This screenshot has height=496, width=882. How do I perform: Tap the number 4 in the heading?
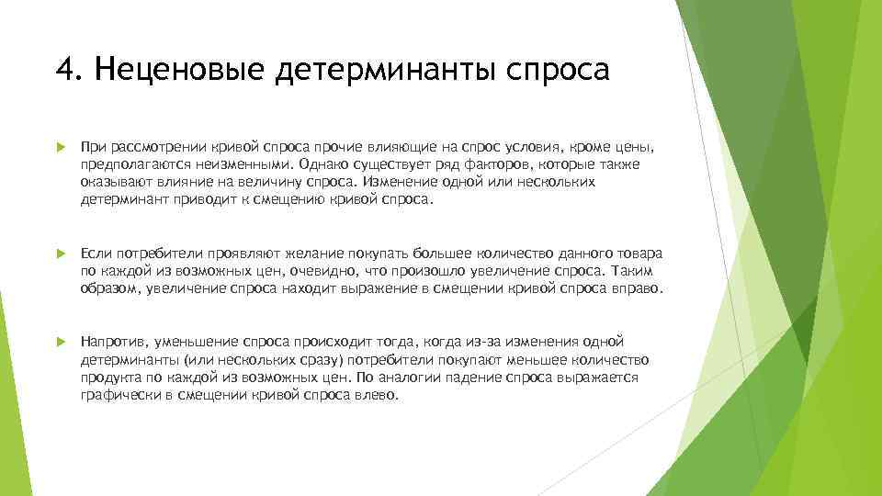63,70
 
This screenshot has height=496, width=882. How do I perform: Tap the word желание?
284,253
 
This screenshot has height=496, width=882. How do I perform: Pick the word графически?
116,394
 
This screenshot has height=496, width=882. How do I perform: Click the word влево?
379,394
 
